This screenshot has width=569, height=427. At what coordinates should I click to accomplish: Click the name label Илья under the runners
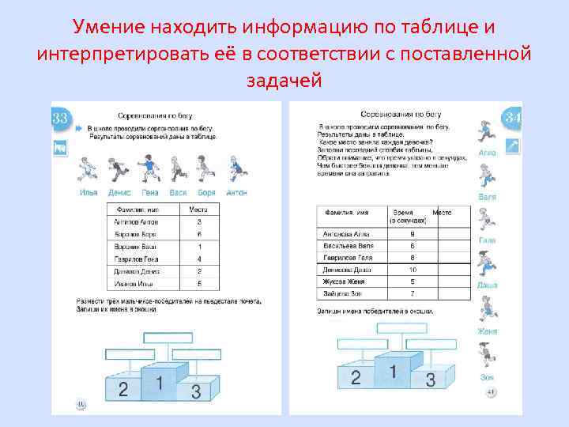[x=89, y=192]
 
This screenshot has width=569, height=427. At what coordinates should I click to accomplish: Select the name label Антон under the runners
[x=237, y=192]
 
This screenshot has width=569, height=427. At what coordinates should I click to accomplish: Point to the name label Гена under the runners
[x=150, y=192]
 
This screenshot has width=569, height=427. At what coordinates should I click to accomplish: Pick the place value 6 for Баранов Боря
[x=199, y=235]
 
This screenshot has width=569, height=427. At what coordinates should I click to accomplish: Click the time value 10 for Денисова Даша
[x=412, y=270]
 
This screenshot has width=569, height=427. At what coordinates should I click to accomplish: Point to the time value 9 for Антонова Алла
[x=412, y=234]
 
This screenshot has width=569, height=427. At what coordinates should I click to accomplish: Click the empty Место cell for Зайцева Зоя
[x=450, y=293]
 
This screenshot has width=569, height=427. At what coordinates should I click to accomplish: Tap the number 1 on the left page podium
[x=159, y=383]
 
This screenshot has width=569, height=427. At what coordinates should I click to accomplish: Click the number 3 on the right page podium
[x=431, y=380]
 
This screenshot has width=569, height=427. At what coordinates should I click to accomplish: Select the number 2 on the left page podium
[x=122, y=388]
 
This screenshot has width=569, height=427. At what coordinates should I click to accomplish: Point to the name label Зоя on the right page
[x=487, y=377]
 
